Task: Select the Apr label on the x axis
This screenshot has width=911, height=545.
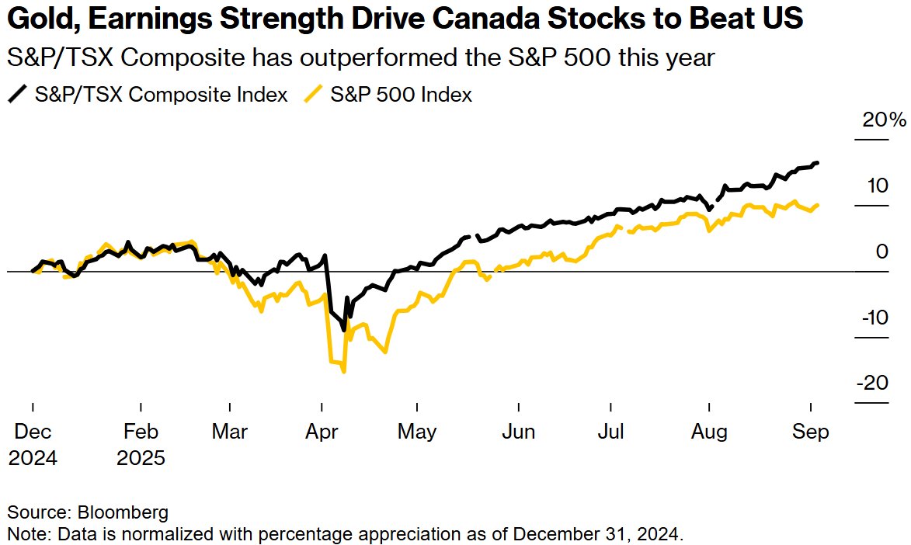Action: tap(322, 432)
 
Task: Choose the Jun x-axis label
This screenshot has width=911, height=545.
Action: tap(518, 432)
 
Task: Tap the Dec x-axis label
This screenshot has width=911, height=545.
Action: tap(33, 432)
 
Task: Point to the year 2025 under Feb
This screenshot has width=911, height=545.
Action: tap(141, 458)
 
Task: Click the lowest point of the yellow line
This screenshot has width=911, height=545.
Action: tap(343, 371)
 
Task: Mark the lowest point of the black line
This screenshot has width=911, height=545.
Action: tap(344, 330)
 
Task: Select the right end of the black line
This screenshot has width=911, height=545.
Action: tap(817, 162)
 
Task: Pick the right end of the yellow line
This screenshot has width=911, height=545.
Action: tap(819, 205)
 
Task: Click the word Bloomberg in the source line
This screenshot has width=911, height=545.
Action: tap(123, 512)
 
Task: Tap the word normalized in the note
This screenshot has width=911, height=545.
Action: tap(124, 534)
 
